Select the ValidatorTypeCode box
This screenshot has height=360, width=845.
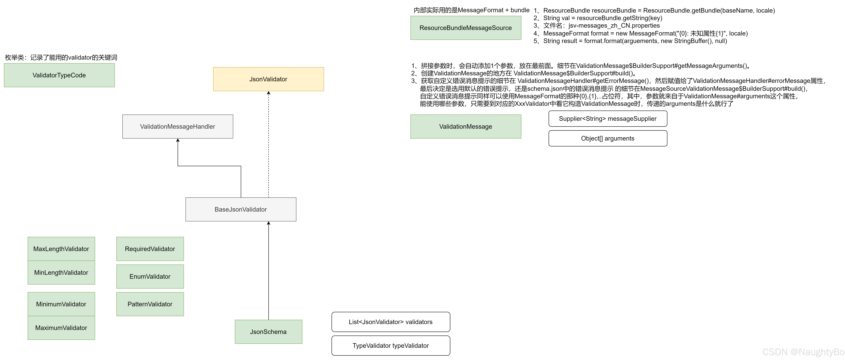tap(59, 75)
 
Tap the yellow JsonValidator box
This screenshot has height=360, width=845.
tap(268, 79)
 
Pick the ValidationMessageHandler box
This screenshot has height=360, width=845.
tap(178, 126)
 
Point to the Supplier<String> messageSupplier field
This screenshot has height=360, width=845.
tap(608, 118)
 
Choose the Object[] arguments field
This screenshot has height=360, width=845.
tap(608, 138)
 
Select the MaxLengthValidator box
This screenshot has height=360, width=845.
tap(61, 249)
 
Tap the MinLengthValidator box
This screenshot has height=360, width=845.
tap(61, 272)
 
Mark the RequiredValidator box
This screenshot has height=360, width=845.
tap(150, 249)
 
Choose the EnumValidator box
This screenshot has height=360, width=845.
tap(150, 276)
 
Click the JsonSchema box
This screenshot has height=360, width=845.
tap(268, 332)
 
